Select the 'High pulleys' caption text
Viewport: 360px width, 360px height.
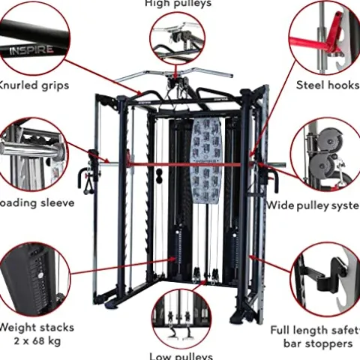click(177, 4)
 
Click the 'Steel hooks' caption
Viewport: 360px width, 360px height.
click(327, 85)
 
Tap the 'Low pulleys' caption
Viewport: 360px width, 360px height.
click(181, 355)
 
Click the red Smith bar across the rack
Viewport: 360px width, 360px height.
click(187, 163)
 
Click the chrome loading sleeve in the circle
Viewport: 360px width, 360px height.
click(30, 150)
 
